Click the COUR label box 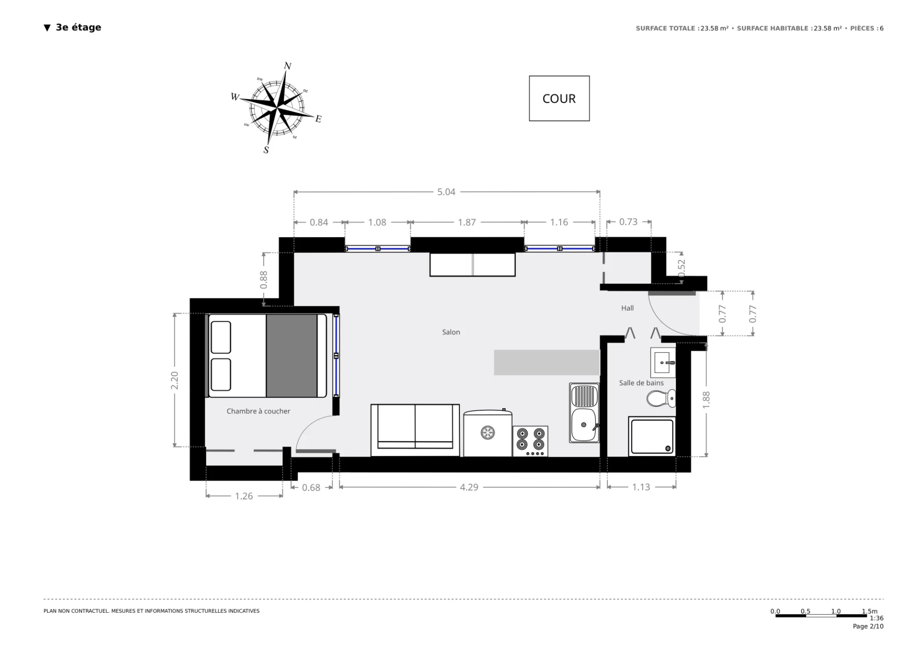click(x=559, y=98)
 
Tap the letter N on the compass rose click(x=288, y=66)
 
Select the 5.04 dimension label click(x=447, y=192)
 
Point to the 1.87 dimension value click(x=467, y=222)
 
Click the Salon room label click(x=451, y=332)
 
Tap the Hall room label click(x=627, y=308)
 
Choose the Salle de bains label click(x=641, y=383)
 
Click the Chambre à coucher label click(x=258, y=411)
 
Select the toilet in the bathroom click(x=661, y=398)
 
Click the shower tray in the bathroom click(x=652, y=436)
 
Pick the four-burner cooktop click(x=531, y=441)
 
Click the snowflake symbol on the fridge click(x=488, y=433)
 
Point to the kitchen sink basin click(x=583, y=425)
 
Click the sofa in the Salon click(x=415, y=430)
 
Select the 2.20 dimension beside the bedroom click(x=175, y=380)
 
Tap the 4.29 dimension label click(x=469, y=487)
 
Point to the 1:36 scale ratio click(x=876, y=618)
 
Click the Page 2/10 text click(x=868, y=627)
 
